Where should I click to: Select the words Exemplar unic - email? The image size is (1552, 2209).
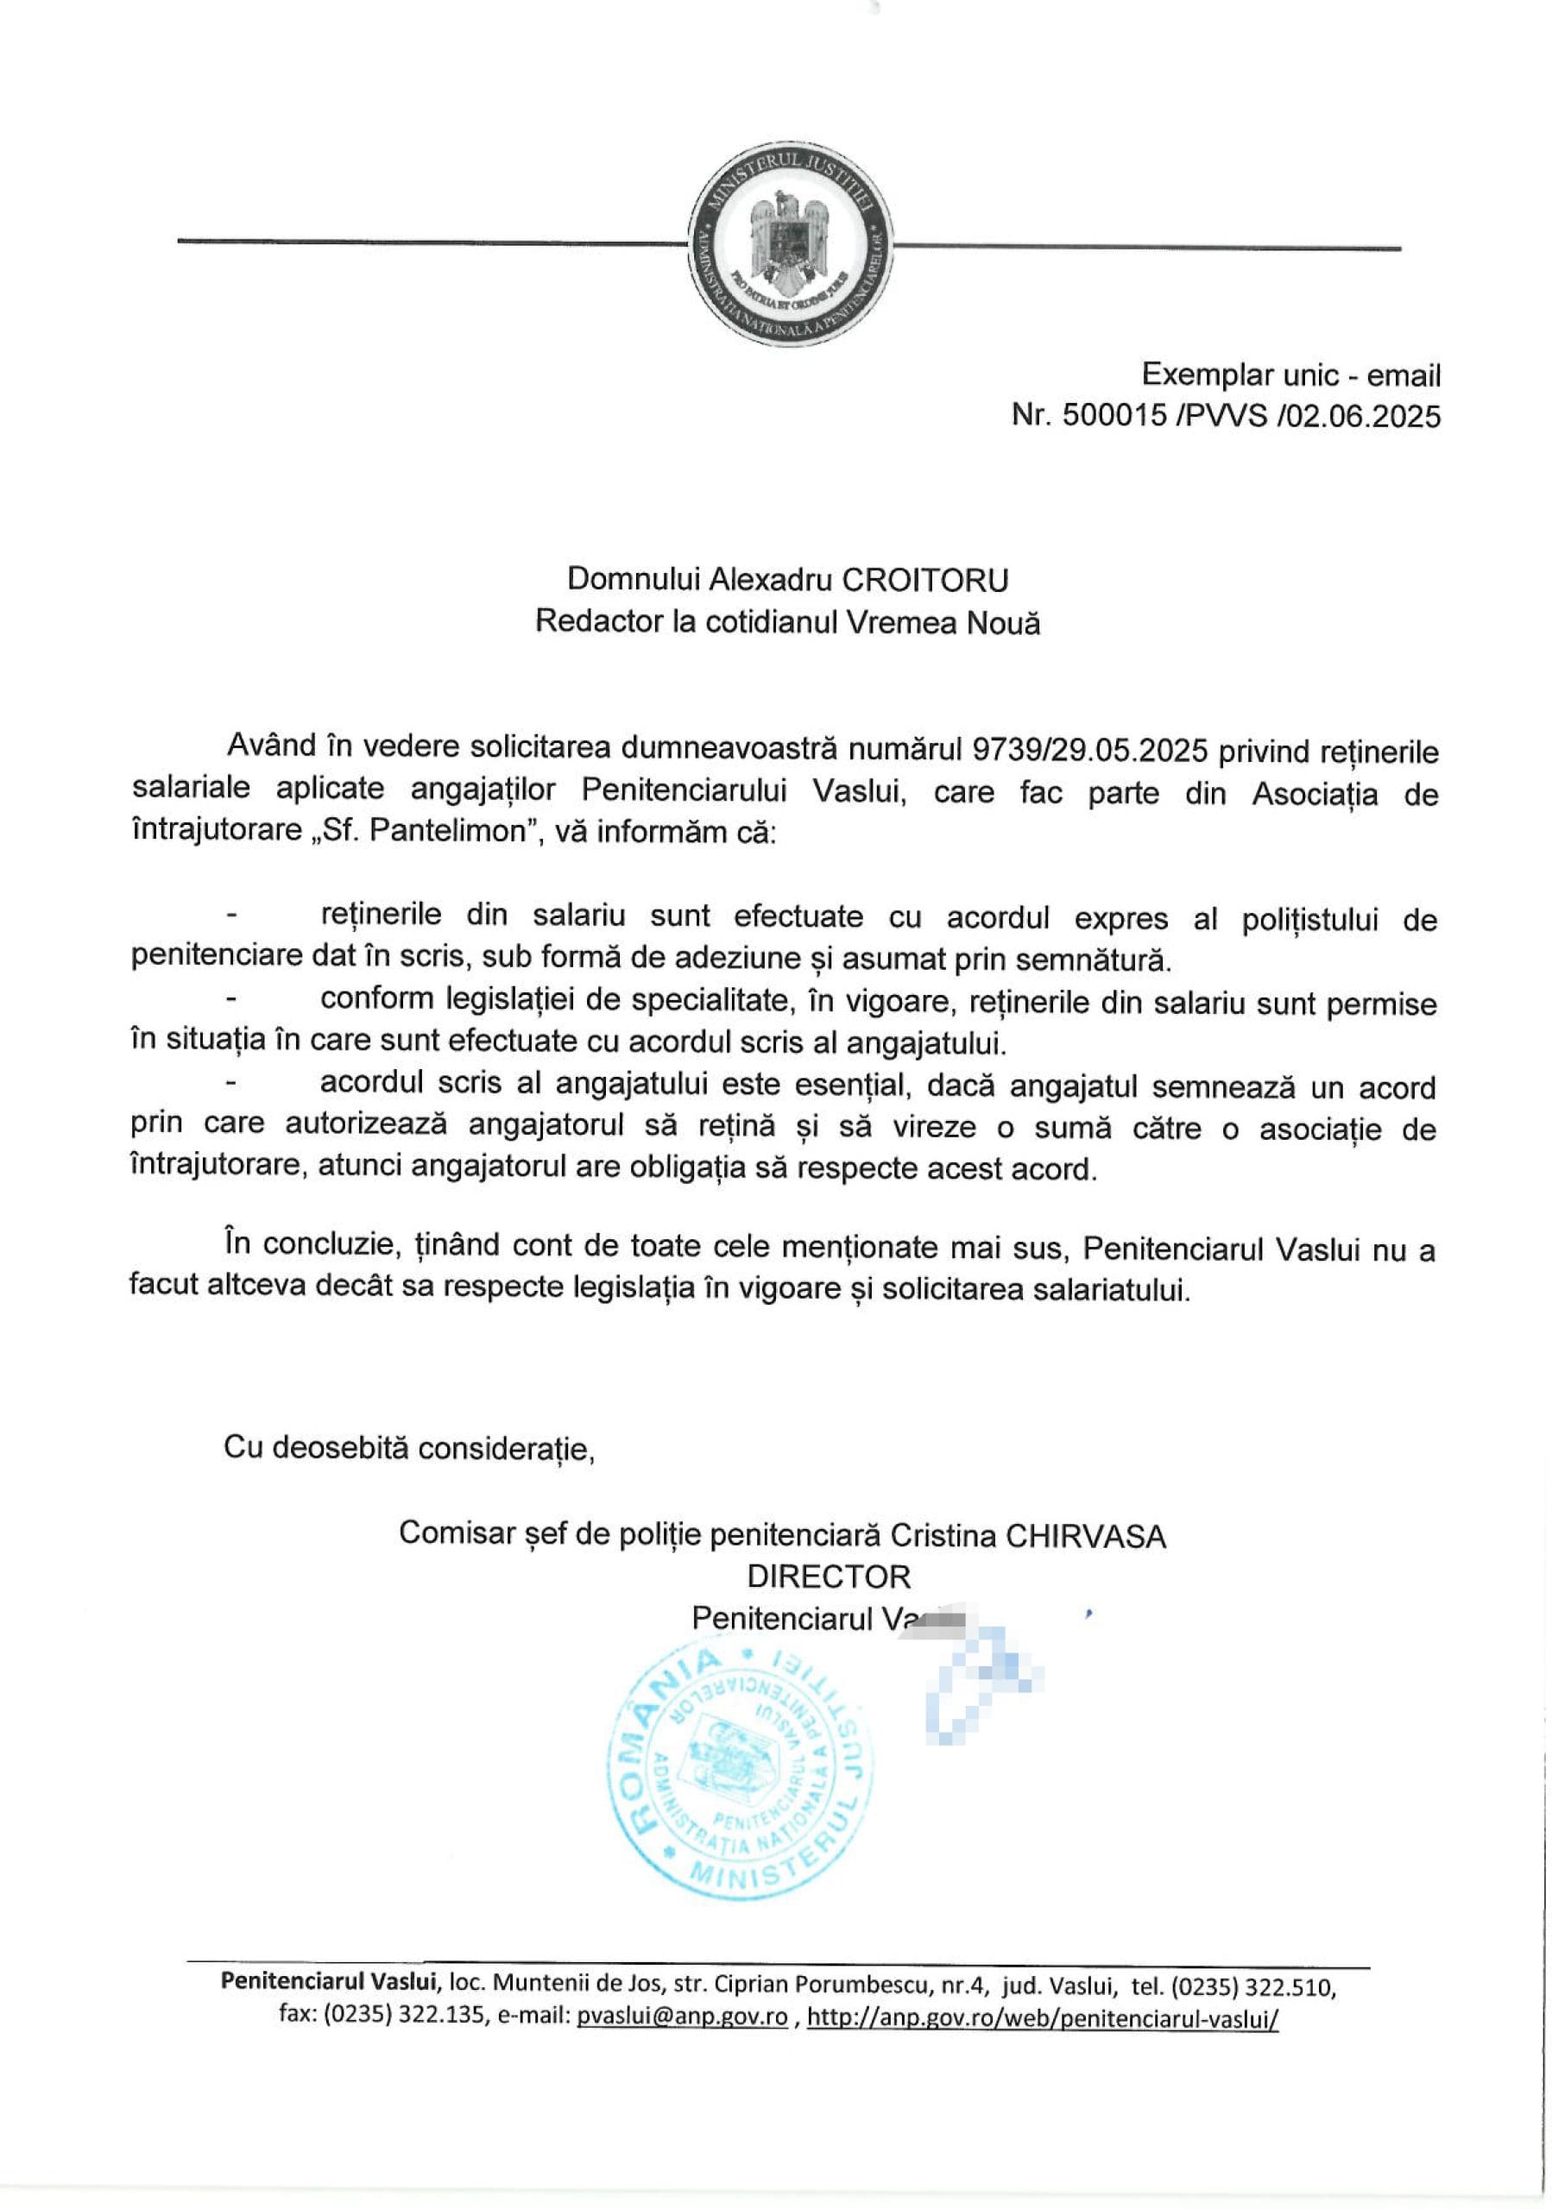[1290, 374]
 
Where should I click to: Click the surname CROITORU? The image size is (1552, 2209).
[925, 579]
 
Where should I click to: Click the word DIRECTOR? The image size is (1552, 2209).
[829, 1577]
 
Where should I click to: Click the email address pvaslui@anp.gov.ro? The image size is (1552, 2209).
[681, 2017]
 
